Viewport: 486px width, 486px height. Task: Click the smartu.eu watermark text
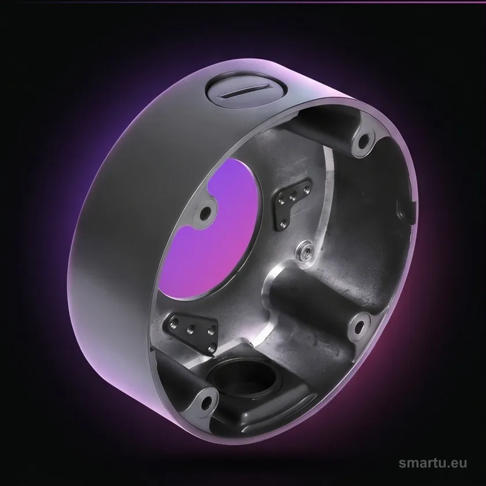432,463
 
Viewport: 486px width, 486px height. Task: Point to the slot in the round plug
248,91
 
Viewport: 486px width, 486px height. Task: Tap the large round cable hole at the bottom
242,377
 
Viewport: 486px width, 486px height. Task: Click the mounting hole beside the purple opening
204,214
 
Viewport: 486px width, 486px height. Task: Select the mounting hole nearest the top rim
364,142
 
